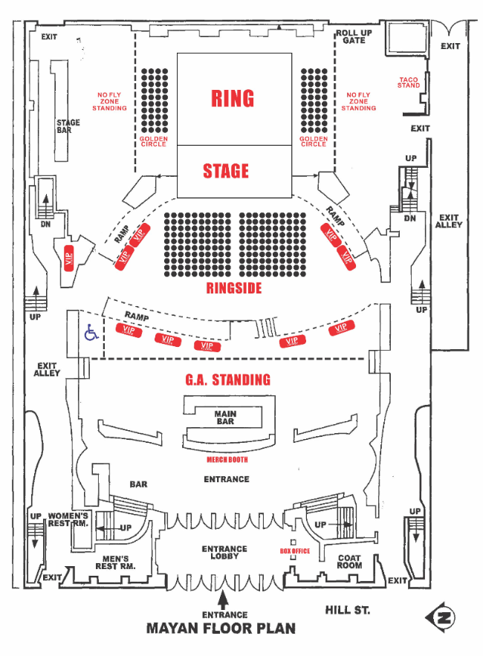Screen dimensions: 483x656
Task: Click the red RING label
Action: click(233, 98)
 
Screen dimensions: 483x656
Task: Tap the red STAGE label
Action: click(226, 171)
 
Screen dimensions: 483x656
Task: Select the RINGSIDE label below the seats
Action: click(234, 288)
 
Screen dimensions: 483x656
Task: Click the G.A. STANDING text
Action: click(227, 380)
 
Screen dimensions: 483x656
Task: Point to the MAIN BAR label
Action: click(225, 418)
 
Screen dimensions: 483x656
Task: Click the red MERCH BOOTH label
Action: click(227, 459)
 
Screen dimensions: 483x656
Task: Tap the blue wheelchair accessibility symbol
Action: click(91, 333)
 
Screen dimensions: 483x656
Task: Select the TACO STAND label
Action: click(409, 82)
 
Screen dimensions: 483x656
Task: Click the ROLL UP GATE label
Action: click(354, 37)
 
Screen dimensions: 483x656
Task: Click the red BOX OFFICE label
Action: click(295, 551)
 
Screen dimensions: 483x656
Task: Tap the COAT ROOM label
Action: click(349, 562)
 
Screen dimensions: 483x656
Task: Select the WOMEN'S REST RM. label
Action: click(68, 519)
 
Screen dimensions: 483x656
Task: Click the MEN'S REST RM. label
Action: click(115, 562)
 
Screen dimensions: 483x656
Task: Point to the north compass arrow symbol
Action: click(441, 617)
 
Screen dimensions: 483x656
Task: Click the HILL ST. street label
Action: click(348, 611)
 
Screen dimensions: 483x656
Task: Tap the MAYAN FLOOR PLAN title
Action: click(221, 629)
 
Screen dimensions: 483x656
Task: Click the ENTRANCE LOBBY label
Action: click(224, 552)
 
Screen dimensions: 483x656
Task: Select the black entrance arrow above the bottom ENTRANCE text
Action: click(224, 600)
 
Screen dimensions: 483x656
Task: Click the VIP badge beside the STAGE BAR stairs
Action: click(68, 259)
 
